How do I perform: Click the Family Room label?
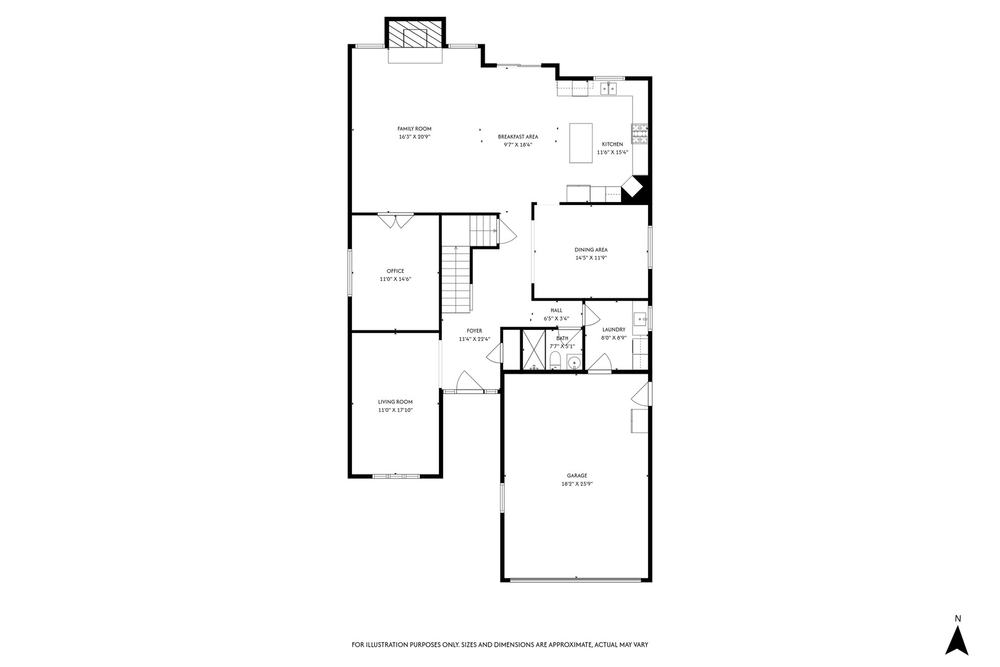click(x=414, y=128)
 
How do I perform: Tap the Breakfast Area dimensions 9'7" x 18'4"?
click(x=518, y=145)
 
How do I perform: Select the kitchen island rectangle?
click(x=581, y=143)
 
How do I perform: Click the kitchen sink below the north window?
click(x=609, y=88)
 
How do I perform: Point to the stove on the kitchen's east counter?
click(x=640, y=133)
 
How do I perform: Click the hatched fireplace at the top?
click(x=415, y=33)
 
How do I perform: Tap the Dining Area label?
click(x=591, y=250)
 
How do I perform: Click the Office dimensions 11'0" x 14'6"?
click(x=395, y=279)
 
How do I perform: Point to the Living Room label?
click(x=395, y=402)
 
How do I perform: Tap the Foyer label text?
click(x=475, y=331)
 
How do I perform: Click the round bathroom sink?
click(x=574, y=361)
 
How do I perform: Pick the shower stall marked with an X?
click(x=534, y=350)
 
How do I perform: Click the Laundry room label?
click(x=614, y=330)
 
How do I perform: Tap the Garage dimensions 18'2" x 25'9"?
click(x=577, y=484)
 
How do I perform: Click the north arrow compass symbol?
click(x=957, y=640)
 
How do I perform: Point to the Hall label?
click(x=556, y=311)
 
